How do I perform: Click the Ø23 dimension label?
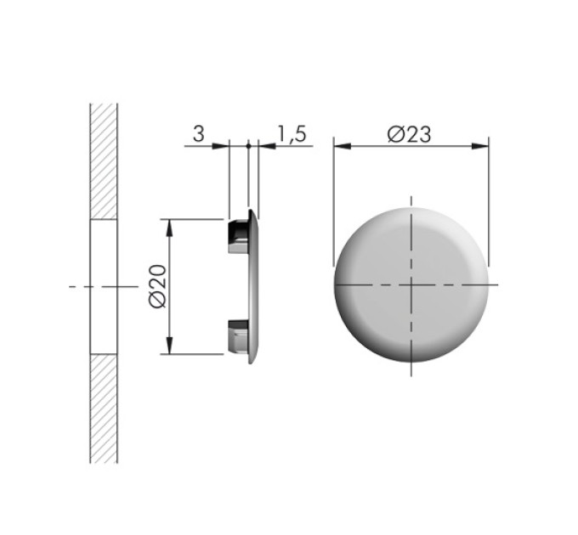[409, 134]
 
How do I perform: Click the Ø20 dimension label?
[158, 286]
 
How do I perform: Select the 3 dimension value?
[198, 133]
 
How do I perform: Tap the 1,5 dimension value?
[292, 133]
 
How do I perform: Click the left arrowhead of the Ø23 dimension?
[343, 146]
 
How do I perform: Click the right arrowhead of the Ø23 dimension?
[480, 146]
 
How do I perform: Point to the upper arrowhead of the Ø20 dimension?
[169, 228]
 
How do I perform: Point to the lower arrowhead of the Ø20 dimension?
[169, 346]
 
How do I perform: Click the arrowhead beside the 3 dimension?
[220, 146]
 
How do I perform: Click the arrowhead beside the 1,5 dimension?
[267, 146]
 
